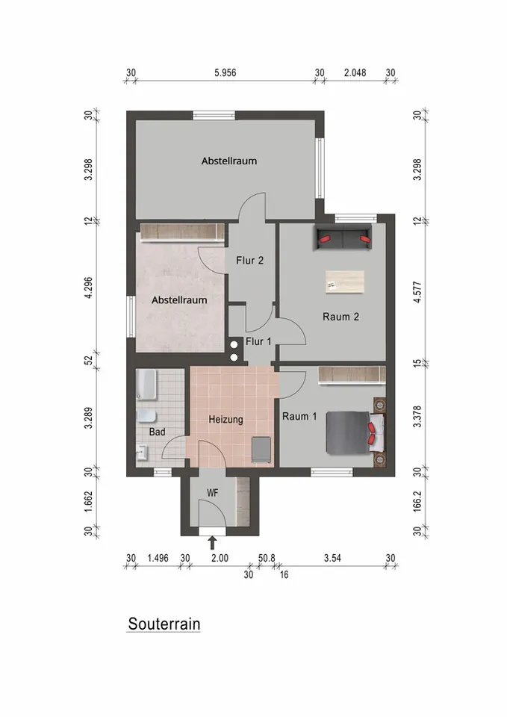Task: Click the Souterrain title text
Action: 164,624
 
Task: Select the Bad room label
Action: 156,432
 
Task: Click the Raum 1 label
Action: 299,417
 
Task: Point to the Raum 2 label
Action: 340,317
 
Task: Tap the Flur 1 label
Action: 258,341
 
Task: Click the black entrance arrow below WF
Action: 212,541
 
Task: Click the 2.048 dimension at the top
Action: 355,72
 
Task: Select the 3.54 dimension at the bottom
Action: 332,558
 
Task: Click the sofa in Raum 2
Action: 344,238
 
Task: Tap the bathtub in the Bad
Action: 146,385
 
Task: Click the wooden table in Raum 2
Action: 344,282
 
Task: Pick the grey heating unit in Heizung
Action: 261,449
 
